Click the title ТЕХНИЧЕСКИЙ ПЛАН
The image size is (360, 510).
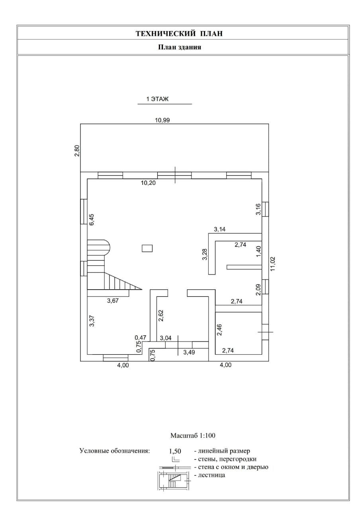click(x=179, y=33)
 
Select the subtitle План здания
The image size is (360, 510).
click(x=180, y=47)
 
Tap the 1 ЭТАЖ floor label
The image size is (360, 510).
click(x=157, y=99)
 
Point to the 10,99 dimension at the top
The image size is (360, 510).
click(x=162, y=120)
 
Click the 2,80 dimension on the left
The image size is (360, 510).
click(x=77, y=151)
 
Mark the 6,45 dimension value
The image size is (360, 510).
click(x=92, y=220)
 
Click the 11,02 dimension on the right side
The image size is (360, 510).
click(x=273, y=264)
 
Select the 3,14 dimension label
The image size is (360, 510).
click(x=220, y=229)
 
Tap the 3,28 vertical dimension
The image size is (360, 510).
click(x=205, y=254)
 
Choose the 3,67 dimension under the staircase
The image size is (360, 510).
click(x=113, y=301)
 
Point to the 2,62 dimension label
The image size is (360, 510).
click(x=161, y=315)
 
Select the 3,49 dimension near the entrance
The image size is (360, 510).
click(x=189, y=352)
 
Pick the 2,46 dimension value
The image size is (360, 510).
click(x=219, y=330)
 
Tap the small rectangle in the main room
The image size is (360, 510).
click(x=147, y=248)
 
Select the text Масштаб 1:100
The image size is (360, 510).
click(x=193, y=436)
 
